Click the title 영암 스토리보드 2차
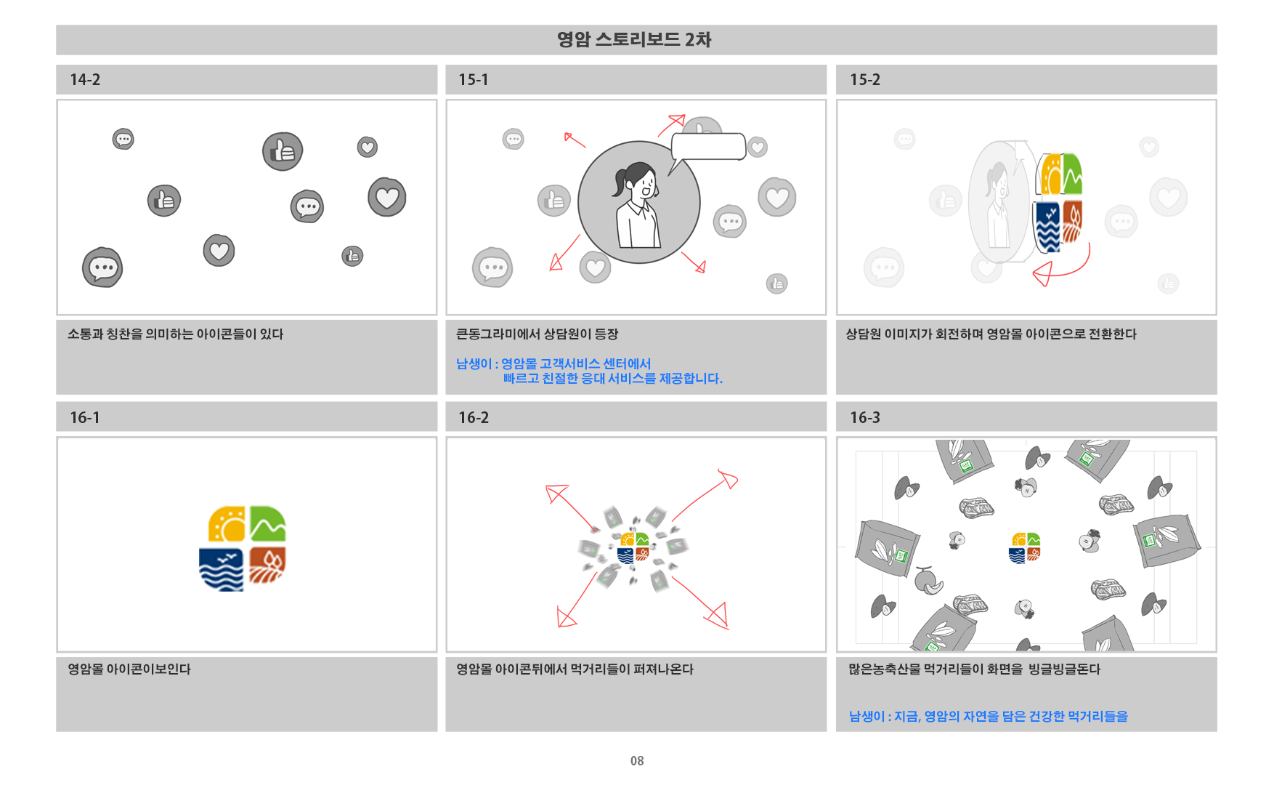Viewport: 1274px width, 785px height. tap(634, 39)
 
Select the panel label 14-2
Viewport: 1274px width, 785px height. tap(85, 80)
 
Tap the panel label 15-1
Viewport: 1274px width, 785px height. tap(473, 80)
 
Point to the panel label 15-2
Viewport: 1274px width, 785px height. tap(864, 80)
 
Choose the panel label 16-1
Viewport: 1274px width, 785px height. tap(85, 418)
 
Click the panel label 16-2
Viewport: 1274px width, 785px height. tap(473, 418)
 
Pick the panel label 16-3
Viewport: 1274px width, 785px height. tap(864, 418)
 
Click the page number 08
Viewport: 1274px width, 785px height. tap(637, 761)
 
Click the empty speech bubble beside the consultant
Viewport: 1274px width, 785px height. tap(708, 147)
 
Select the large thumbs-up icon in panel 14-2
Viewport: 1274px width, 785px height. tap(283, 152)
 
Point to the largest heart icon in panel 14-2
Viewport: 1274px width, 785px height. tap(386, 197)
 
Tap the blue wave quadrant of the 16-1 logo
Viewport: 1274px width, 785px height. tap(222, 570)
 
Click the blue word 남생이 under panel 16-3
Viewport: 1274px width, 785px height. tap(867, 717)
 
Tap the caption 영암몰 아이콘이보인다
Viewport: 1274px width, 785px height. tap(129, 669)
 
